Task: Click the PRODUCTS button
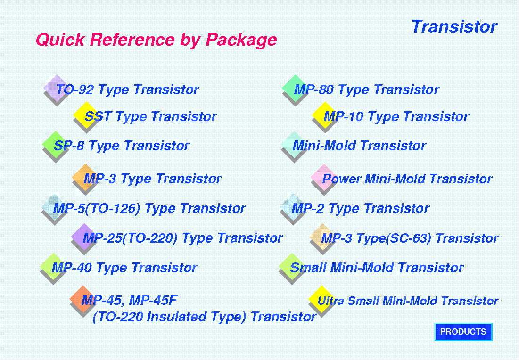click(x=463, y=332)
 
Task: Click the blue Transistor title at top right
click(x=454, y=26)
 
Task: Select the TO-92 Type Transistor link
click(x=127, y=90)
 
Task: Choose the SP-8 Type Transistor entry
click(x=122, y=146)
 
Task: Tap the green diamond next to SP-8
click(x=56, y=144)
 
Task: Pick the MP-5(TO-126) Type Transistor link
click(x=149, y=208)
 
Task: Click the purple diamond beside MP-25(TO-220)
click(x=84, y=237)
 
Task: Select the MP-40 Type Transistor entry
click(x=124, y=268)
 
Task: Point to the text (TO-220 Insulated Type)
click(x=170, y=317)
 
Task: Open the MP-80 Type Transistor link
click(x=366, y=90)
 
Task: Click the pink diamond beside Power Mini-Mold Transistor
click(x=324, y=177)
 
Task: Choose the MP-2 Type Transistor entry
click(x=360, y=208)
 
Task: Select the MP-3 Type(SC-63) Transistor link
click(x=410, y=238)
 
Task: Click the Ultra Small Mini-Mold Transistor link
click(x=408, y=301)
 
